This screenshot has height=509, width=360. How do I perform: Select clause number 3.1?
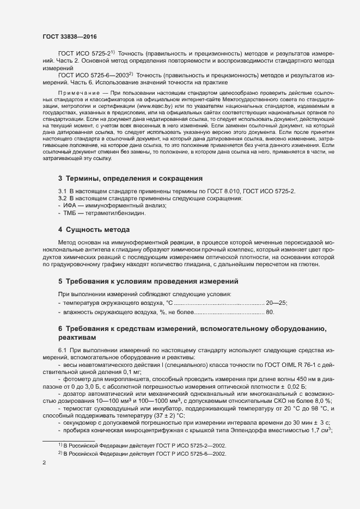point(62,191)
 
